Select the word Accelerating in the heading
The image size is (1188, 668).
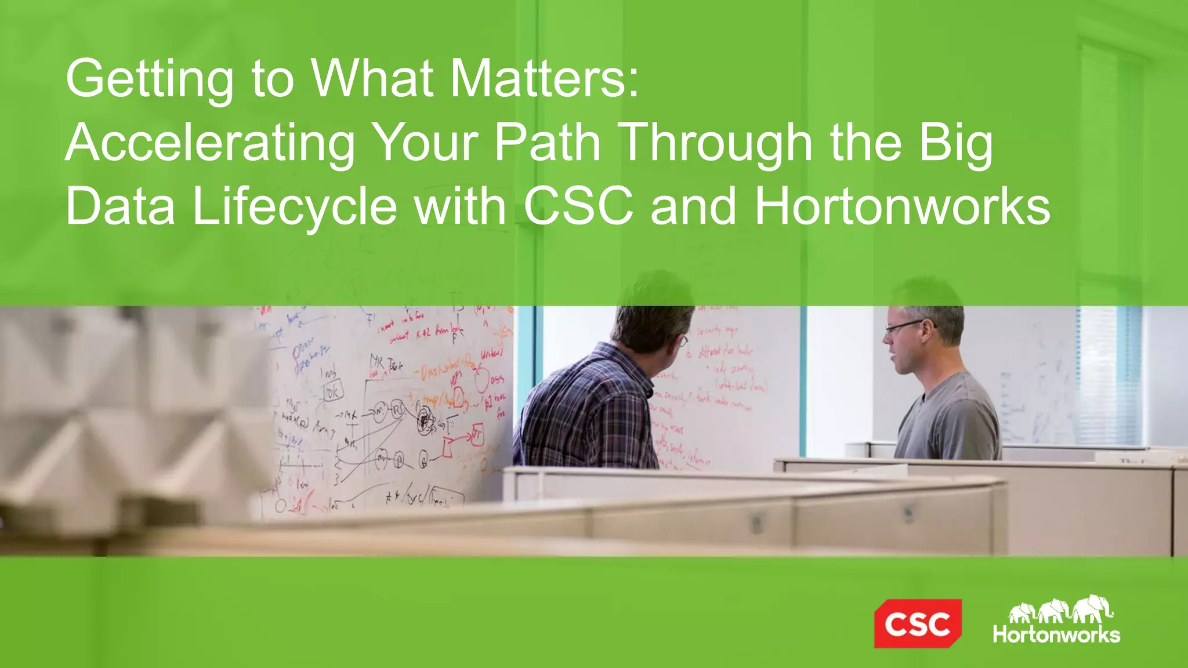pyautogui.click(x=210, y=143)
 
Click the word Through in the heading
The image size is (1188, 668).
pyautogui.click(x=716, y=143)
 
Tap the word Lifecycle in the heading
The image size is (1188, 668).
pyautogui.click(x=294, y=207)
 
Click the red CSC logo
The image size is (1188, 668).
pyautogui.click(x=917, y=623)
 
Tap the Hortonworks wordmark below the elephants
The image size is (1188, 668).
pyautogui.click(x=1056, y=634)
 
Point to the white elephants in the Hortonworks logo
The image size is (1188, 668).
pyautogui.click(x=1060, y=609)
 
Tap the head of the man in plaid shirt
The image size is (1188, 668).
pyautogui.click(x=653, y=313)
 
